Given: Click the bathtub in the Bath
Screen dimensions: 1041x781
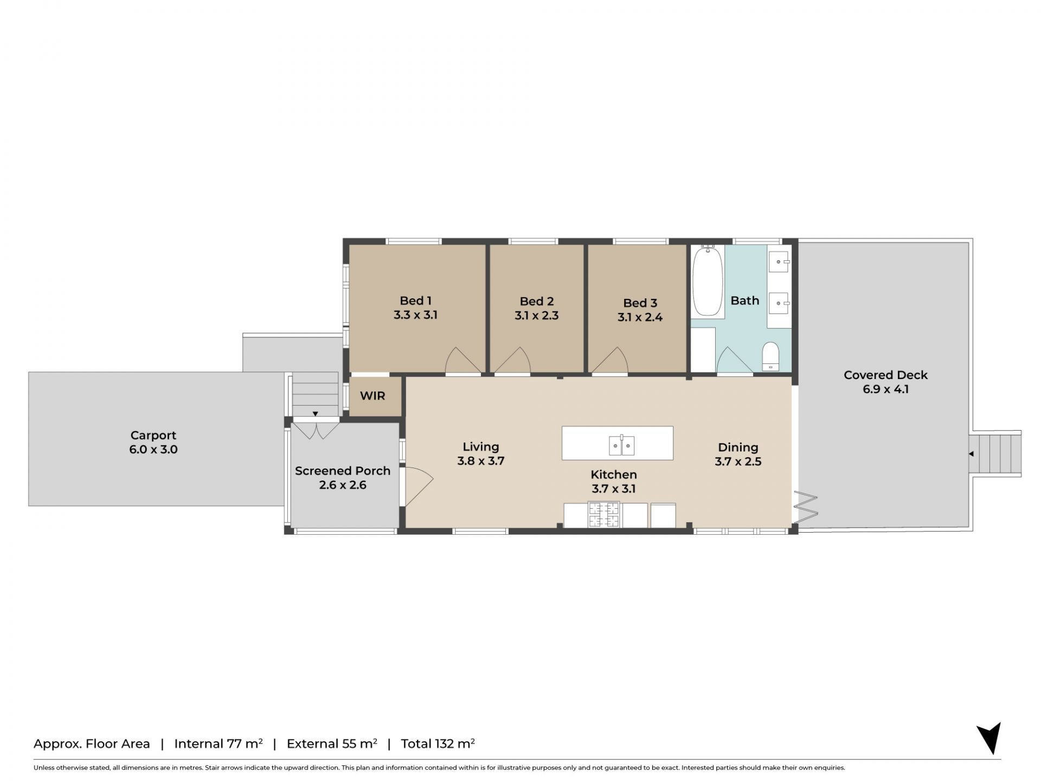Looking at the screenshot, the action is coord(708,281).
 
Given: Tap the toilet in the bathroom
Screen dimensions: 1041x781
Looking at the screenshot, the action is coord(770,356).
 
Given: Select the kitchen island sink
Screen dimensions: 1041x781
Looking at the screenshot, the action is coord(621,445).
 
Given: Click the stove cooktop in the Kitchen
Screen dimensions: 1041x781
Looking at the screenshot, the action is coord(604,515).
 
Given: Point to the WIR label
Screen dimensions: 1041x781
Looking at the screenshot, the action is coord(372,396).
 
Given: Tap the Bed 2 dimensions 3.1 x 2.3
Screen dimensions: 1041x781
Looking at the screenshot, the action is coord(536,316).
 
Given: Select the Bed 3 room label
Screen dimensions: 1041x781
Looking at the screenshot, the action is coord(640,303).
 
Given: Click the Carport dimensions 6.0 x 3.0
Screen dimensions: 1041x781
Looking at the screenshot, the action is coord(153,450).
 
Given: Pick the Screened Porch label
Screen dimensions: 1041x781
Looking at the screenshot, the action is coord(343,471).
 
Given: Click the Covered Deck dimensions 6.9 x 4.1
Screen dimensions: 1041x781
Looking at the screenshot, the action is coord(885,389).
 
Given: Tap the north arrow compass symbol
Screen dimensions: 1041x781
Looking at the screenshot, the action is coord(990,738).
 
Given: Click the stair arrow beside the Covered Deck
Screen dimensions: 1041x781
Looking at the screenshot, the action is coord(971,454).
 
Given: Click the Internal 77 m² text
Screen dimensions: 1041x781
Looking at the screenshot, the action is coord(219,744).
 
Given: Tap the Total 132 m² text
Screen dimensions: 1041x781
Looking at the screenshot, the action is coord(438,744).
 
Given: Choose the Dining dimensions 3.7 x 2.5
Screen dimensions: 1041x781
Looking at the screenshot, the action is coord(738,462).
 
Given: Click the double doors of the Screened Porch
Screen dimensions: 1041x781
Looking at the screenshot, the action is coord(316,430).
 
